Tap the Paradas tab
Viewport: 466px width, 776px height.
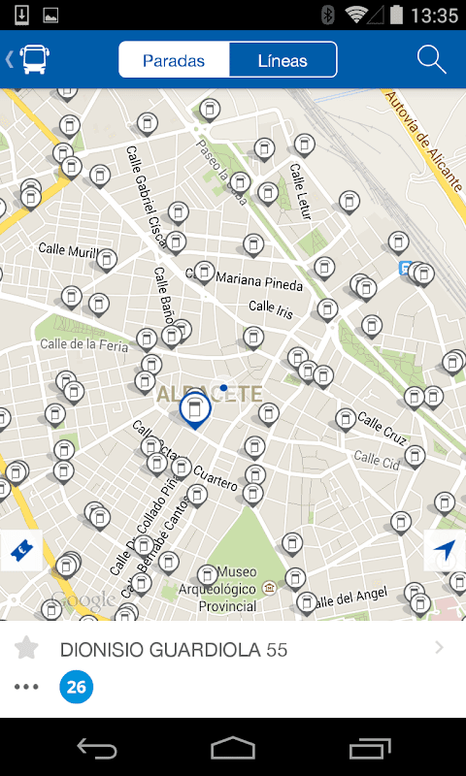pos(174,60)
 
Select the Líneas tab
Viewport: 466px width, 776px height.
pos(283,60)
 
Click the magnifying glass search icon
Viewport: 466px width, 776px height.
pos(431,59)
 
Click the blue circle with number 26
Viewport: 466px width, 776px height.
pos(77,688)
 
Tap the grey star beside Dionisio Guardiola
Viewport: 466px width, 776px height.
pos(26,648)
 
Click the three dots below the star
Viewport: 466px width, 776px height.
pos(26,687)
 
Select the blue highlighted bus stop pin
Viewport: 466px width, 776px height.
pos(195,409)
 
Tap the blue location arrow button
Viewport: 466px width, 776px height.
pos(445,550)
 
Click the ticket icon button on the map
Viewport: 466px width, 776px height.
pos(20,550)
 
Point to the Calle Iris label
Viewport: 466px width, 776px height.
pos(271,307)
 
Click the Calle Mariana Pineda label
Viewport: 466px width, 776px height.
pos(258,279)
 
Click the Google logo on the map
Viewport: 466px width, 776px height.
pos(83,600)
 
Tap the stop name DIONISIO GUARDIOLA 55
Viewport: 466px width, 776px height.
pos(174,649)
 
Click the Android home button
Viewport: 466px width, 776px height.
pos(233,748)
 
